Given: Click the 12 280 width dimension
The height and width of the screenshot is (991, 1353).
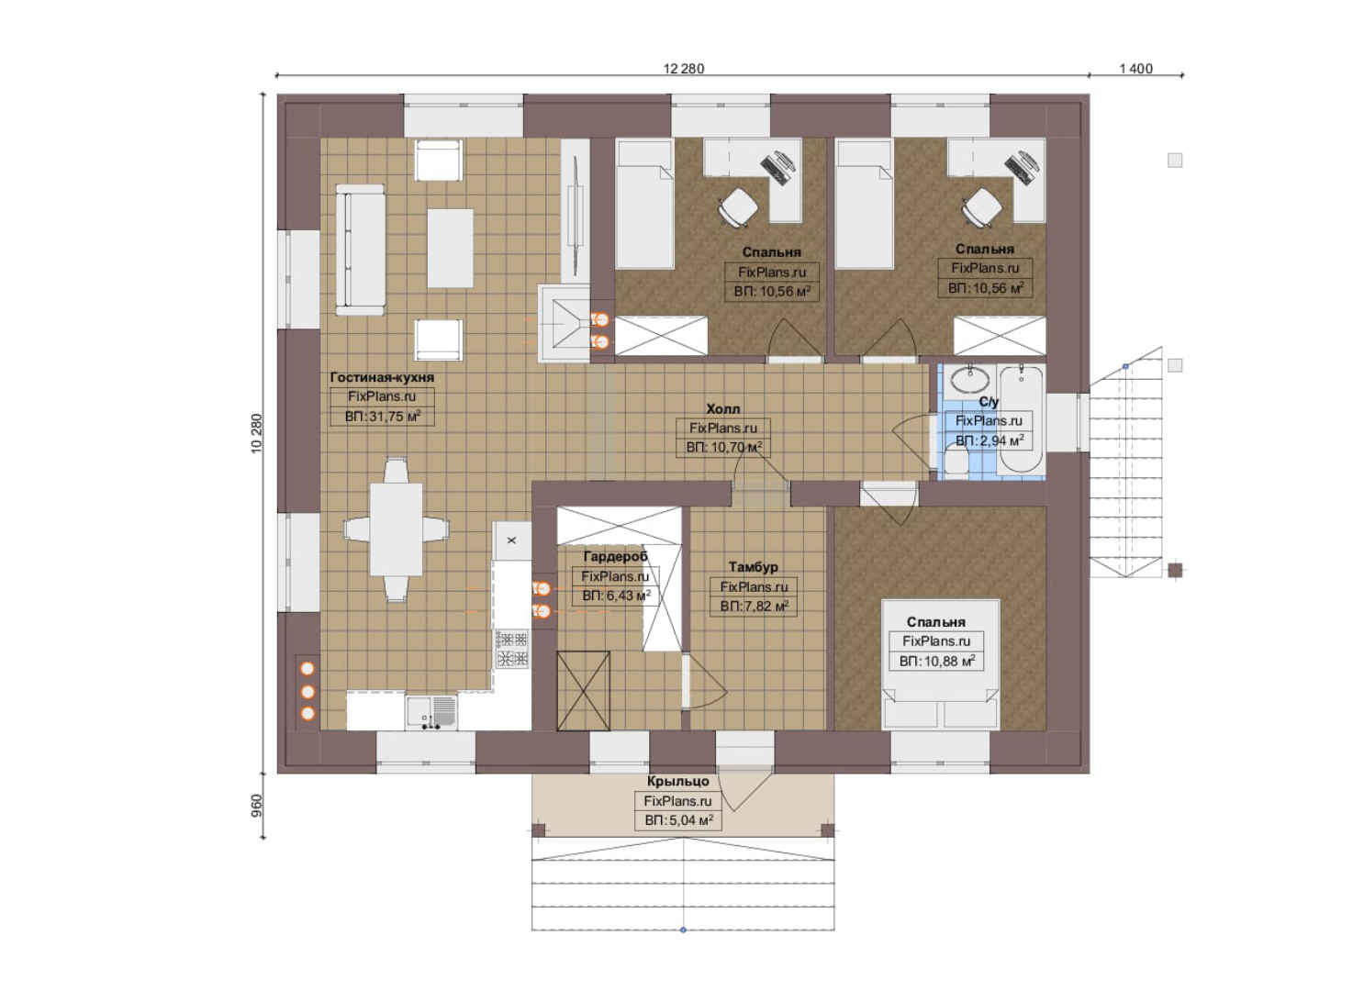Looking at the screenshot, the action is (683, 69).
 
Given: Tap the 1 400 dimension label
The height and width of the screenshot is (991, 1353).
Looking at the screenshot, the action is (1135, 69).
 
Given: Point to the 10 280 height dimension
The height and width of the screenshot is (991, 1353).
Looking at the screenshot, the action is (257, 433).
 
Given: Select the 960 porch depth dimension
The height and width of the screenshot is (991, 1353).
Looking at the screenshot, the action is (257, 806).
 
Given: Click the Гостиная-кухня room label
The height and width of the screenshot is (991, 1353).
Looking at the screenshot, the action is (382, 377).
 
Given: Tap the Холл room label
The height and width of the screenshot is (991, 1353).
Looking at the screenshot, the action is (723, 409).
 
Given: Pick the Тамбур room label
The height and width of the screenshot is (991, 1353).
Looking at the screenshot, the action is (754, 567).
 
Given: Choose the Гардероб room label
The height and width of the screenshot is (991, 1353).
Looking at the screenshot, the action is (615, 556).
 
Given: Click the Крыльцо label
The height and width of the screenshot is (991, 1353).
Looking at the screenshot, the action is (677, 782).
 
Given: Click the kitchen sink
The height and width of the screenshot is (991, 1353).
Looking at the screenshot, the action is (431, 713).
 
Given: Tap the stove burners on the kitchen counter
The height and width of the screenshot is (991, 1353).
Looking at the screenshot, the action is (512, 648).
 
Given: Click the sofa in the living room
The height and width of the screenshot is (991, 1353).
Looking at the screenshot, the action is (360, 250).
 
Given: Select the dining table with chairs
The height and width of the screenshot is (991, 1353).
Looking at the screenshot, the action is (397, 529).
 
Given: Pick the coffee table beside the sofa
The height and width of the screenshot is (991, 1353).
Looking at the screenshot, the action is (450, 248).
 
